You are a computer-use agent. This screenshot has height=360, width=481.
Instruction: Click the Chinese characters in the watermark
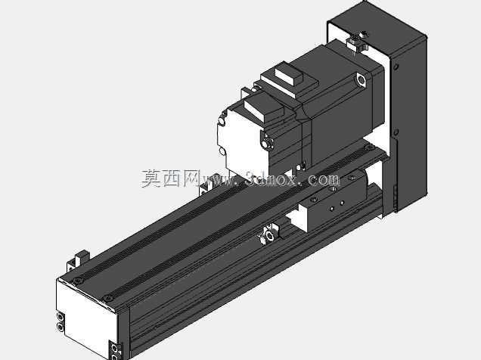[x=171, y=178]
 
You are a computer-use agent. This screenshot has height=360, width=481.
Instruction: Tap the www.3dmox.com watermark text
[x=270, y=179]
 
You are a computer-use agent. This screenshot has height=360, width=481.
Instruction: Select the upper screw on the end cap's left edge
[x=61, y=317]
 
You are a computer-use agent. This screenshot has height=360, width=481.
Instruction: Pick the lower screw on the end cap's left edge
[x=61, y=327]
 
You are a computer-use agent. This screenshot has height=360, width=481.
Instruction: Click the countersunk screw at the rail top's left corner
[x=78, y=281]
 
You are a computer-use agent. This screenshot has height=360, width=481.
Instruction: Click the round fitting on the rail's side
[x=269, y=236]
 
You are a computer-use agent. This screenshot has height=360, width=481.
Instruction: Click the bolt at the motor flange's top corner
[x=361, y=79]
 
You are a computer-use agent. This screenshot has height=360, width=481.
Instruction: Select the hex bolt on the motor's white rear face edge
[x=268, y=143]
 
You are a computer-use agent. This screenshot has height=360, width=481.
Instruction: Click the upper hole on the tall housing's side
[x=396, y=67]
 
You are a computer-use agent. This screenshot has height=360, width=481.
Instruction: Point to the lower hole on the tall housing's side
[x=396, y=132]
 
